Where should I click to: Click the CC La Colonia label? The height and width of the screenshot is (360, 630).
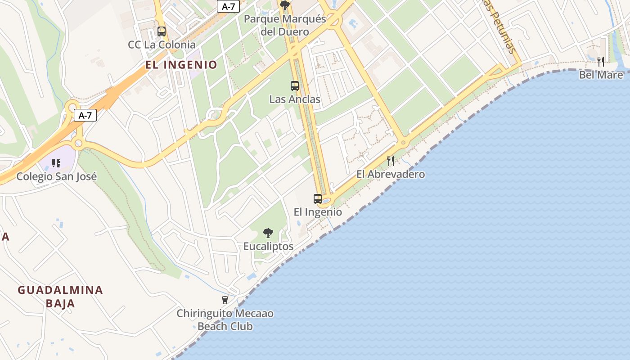coord(162,45)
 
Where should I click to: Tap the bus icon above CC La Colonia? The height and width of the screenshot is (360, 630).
coord(162,31)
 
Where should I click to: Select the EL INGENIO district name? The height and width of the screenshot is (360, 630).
coord(181,65)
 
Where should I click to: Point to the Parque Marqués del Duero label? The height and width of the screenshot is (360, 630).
coord(284,25)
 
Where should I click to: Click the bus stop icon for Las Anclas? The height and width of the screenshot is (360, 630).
coord(295,85)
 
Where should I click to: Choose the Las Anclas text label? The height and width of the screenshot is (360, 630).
coord(295,99)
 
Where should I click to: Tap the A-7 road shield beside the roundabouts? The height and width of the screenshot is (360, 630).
coord(85,115)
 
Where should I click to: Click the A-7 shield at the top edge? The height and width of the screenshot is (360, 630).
coord(228,6)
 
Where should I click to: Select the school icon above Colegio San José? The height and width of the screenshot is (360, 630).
coord(56,163)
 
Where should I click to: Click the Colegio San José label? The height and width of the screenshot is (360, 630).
coord(57,176)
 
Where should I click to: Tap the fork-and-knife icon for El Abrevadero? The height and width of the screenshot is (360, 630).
coord(391,161)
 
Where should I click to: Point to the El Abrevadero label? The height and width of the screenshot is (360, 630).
coord(391,174)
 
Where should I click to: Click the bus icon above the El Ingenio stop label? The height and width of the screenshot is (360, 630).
coord(318,198)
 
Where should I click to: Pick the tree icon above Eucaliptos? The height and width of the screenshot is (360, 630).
coord(268,233)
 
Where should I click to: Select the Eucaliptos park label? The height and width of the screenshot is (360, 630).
coord(268,246)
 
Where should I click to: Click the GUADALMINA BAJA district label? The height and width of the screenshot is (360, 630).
coord(60,296)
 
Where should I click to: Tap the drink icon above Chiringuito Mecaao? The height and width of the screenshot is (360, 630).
coord(225,300)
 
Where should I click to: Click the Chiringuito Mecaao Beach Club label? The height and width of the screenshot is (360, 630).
coord(225,319)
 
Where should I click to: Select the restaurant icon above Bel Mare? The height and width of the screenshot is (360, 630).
coord(601,61)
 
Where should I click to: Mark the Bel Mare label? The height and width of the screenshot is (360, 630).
coord(601,75)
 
